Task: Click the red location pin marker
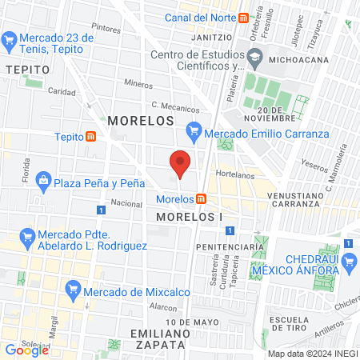[x=181, y=163]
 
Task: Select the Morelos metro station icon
[x=202, y=198]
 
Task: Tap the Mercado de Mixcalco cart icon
[x=74, y=289]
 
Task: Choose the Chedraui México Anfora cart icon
[x=348, y=260]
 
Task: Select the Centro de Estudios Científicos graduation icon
[x=254, y=56]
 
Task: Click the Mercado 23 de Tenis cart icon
[x=10, y=38]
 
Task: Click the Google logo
[x=26, y=350]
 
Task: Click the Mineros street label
[x=138, y=83]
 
